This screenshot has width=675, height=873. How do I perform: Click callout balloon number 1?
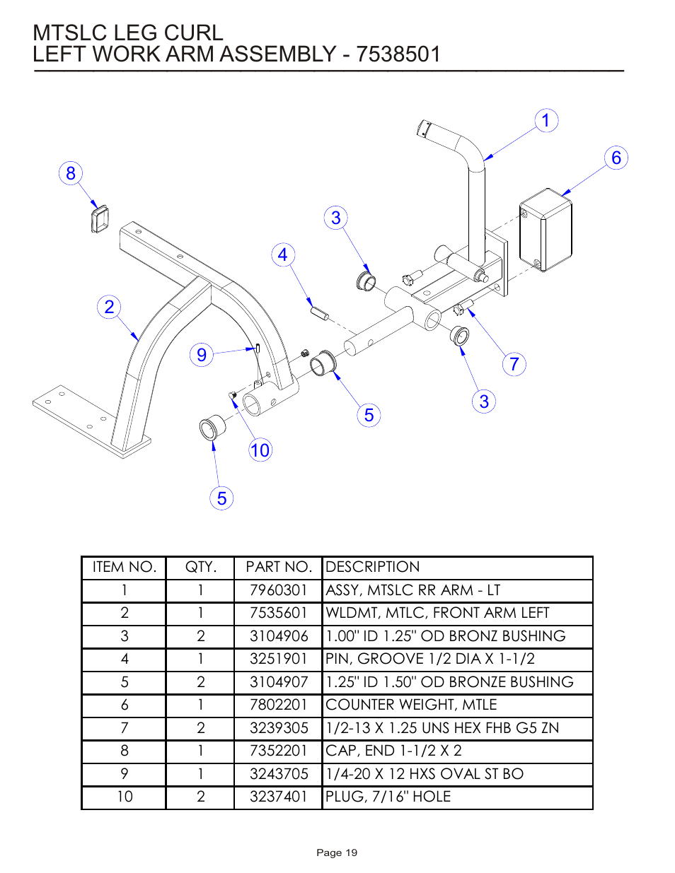coord(546,121)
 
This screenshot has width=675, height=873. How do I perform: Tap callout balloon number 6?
coord(616,158)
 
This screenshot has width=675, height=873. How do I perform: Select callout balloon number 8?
coord(71,173)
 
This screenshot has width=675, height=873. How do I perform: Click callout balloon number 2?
coord(109,307)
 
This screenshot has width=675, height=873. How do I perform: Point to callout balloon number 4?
coord(283,254)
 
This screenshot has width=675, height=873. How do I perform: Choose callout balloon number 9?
coord(202,354)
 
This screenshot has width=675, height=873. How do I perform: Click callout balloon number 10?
coord(260,450)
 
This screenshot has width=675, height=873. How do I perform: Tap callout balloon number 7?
coord(514,364)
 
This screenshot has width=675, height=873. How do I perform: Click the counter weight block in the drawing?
coord(546,229)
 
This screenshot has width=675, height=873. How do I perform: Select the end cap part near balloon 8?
coord(100,218)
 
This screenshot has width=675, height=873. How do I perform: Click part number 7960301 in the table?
coord(278,590)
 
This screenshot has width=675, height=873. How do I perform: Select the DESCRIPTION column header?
coord(373,567)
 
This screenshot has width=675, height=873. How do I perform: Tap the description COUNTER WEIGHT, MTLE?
coord(411,705)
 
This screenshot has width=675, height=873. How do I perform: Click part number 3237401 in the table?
coord(278,797)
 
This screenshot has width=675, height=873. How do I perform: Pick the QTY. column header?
coord(200,567)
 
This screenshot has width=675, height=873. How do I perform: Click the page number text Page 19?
coord(337,853)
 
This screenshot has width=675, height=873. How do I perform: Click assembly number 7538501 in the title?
coord(398,54)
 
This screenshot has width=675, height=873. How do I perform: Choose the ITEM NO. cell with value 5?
coord(125,682)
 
